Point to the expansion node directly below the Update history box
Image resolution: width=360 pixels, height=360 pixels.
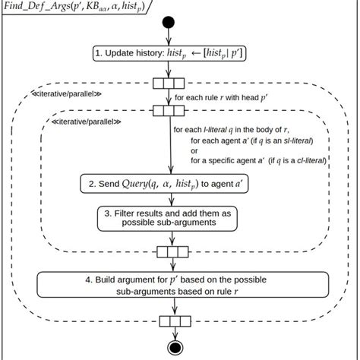pyautogui.click(x=169, y=83)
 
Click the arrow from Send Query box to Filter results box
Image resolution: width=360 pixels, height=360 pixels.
pyautogui.click(x=169, y=199)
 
